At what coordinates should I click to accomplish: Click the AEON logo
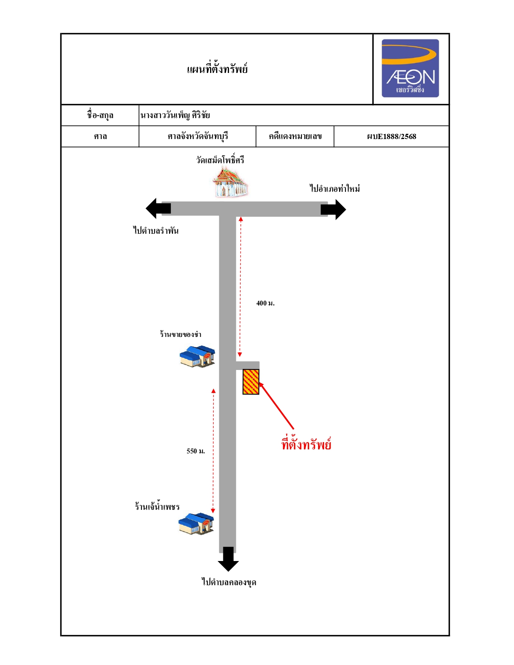410,68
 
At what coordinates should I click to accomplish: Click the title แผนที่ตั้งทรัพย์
217,69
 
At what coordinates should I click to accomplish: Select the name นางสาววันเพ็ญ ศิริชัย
175,115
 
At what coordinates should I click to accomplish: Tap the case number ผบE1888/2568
391,137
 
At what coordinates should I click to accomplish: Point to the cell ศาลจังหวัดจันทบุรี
198,136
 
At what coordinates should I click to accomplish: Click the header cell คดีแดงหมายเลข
295,136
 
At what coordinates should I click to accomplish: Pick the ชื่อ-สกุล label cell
100,115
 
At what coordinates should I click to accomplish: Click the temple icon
230,182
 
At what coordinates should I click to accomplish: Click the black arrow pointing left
158,208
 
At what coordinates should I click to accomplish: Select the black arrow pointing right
333,210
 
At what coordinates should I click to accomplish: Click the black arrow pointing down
228,559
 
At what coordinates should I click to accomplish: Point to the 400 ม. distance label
265,303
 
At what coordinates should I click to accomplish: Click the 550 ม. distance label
196,451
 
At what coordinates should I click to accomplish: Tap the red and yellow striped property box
251,382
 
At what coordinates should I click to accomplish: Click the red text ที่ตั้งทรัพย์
306,444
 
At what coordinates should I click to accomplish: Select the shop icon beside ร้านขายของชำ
198,356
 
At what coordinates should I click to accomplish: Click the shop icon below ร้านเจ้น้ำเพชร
196,524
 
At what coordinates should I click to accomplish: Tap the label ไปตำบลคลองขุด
229,582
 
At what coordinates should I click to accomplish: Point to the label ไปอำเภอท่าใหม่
334,188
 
